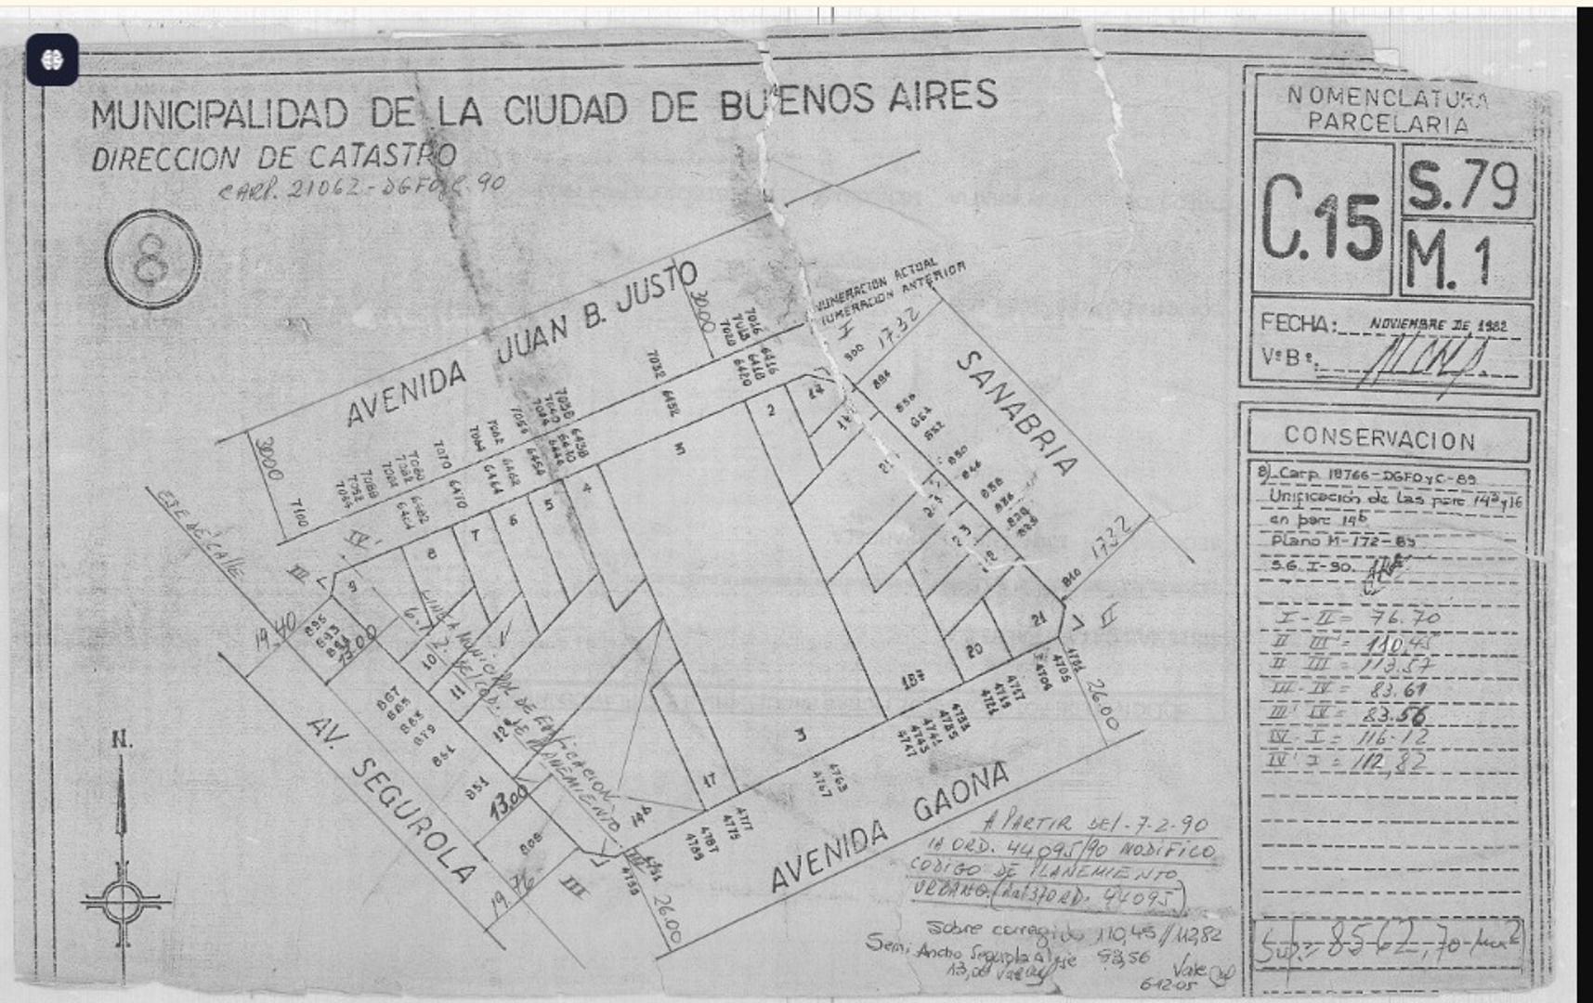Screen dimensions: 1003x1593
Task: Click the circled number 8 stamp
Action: (x=152, y=259)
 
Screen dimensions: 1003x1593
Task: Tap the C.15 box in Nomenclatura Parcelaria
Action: (x=1323, y=219)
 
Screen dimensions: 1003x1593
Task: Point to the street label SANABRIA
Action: (x=1017, y=412)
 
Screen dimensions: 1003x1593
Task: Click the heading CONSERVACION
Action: (x=1379, y=437)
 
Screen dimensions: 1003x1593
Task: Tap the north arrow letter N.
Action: (x=121, y=740)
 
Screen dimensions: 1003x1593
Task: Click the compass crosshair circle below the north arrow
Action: (x=122, y=900)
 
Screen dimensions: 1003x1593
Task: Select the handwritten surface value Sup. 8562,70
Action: (x=1388, y=945)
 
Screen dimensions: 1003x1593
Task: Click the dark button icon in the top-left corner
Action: (x=52, y=60)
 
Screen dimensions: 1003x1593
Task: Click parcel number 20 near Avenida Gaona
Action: (x=973, y=650)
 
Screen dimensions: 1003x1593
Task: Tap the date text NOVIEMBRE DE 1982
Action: (x=1437, y=325)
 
